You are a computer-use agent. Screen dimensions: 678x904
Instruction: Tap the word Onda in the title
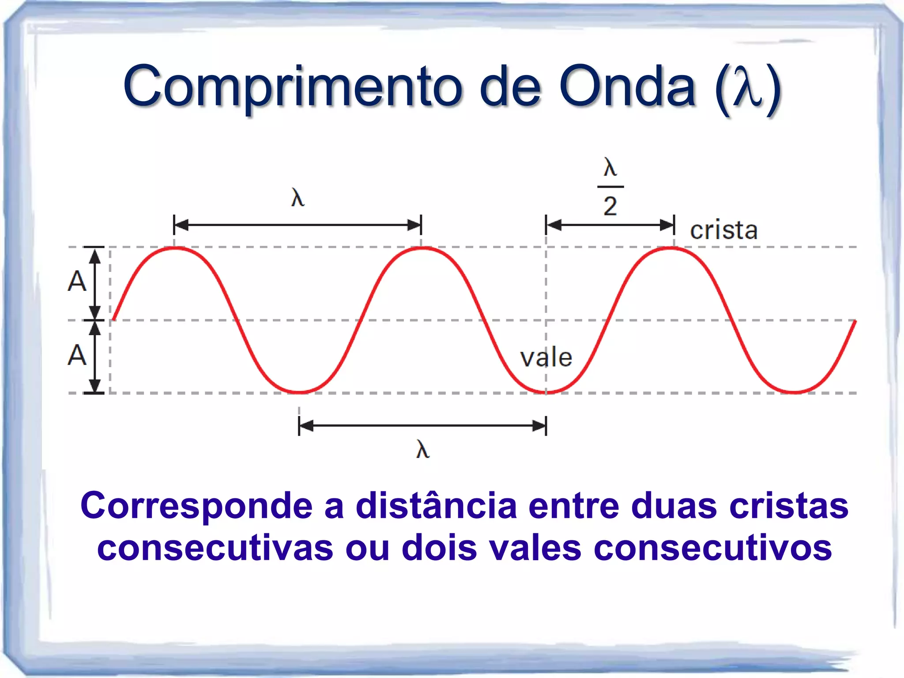pyautogui.click(x=627, y=86)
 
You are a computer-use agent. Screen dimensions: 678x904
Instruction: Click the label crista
pyautogui.click(x=724, y=230)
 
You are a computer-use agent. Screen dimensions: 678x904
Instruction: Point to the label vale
pyautogui.click(x=546, y=357)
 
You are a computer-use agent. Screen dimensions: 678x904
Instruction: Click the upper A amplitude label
pyautogui.click(x=77, y=282)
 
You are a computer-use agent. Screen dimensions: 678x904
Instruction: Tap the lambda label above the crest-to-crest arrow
pyautogui.click(x=298, y=197)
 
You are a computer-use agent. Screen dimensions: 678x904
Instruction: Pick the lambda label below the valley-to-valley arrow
pyautogui.click(x=422, y=450)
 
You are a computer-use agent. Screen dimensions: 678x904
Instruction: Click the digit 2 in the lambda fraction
pyautogui.click(x=610, y=206)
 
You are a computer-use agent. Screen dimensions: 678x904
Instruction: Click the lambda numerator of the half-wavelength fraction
pyautogui.click(x=610, y=168)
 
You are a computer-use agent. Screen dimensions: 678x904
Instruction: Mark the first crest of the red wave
pyautogui.click(x=175, y=249)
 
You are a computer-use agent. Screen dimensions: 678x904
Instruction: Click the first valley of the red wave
pyautogui.click(x=299, y=392)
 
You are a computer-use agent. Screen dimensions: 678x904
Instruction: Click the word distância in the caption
pyautogui.click(x=436, y=505)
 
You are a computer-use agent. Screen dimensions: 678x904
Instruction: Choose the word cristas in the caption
pyautogui.click(x=788, y=505)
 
